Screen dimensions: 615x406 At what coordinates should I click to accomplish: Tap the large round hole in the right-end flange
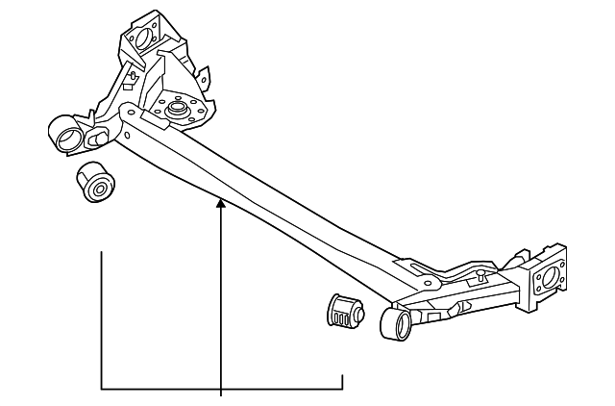pos(547,279)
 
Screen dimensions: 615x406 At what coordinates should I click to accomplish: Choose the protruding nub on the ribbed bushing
pos(357,310)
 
